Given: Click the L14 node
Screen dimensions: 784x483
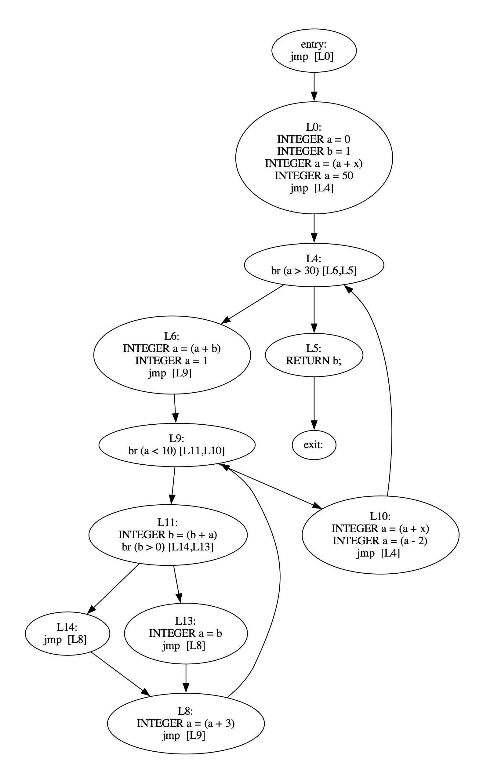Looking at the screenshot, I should pos(67,633).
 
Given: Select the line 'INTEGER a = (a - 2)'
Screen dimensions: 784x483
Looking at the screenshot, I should pos(380,541).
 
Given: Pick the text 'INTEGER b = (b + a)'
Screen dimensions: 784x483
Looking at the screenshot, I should pos(168,535).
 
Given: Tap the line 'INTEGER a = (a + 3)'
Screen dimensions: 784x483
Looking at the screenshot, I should pos(186,723).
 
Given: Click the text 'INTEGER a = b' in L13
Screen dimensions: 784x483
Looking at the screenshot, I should pos(185,633).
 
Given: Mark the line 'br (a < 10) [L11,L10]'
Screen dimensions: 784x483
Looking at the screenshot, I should pos(176,451).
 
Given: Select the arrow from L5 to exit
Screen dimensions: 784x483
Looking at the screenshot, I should pos(314,402).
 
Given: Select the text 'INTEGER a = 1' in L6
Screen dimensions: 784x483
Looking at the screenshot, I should pos(172,361).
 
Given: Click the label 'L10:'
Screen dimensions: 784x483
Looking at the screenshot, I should pos(380,516).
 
